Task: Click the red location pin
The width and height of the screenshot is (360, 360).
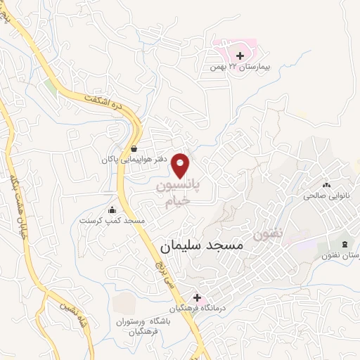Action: click(182, 165)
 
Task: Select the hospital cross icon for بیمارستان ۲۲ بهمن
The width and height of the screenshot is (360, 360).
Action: click(240, 56)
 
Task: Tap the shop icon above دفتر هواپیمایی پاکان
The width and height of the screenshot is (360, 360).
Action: click(134, 148)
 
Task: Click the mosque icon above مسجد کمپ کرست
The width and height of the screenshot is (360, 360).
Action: click(112, 210)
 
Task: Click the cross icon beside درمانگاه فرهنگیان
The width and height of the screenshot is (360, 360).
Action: click(197, 297)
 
